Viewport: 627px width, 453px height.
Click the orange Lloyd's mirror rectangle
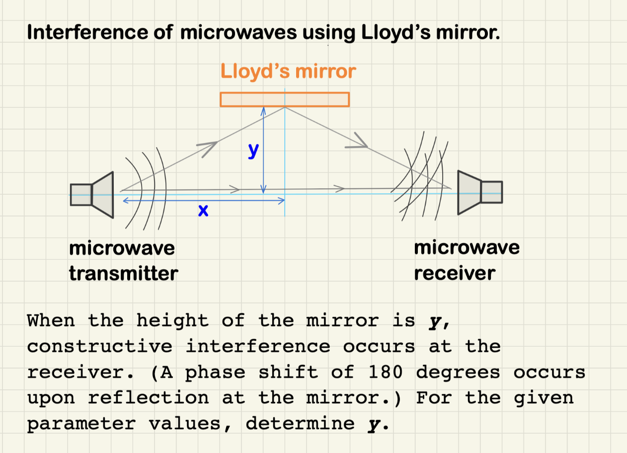(285, 99)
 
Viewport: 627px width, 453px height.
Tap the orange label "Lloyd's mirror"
(288, 72)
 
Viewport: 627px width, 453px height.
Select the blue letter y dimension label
(253, 150)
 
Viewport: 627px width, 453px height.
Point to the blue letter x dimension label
(202, 211)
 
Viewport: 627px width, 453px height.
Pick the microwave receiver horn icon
(479, 192)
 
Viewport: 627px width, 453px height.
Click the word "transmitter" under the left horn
(123, 273)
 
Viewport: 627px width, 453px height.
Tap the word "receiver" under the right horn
(455, 273)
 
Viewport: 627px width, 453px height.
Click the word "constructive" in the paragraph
(99, 346)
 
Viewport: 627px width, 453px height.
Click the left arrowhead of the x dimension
(125, 201)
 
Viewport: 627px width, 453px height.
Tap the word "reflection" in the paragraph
(149, 398)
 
